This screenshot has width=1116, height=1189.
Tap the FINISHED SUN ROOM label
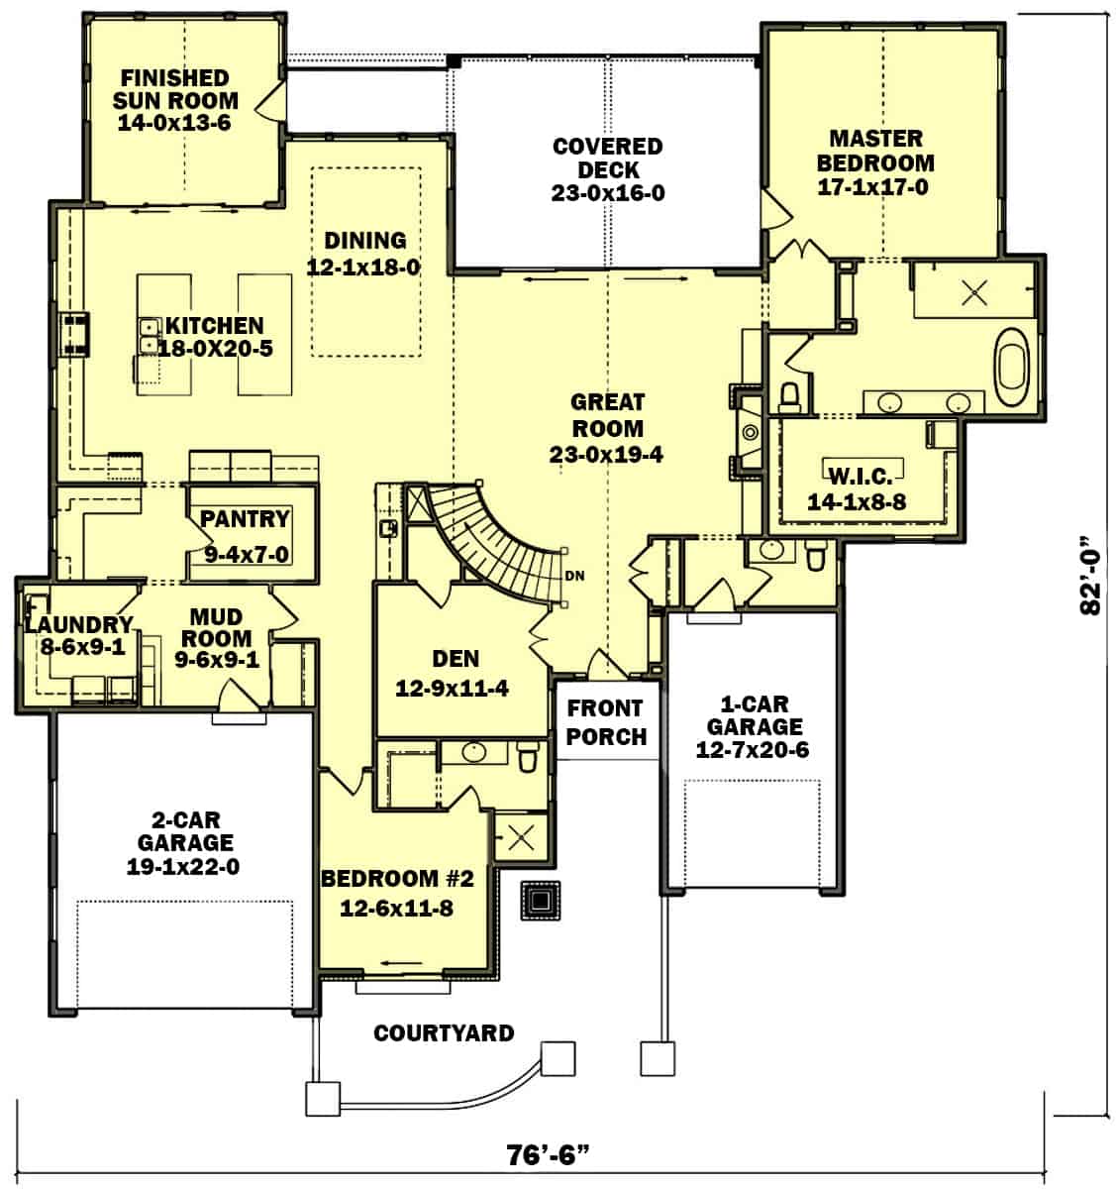(174, 89)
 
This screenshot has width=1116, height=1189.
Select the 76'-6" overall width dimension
(550, 1155)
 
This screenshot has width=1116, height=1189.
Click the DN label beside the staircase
(574, 575)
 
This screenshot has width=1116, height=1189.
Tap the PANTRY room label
(245, 519)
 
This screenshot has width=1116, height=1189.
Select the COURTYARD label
(444, 1033)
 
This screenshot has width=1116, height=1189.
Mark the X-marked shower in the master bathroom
(975, 292)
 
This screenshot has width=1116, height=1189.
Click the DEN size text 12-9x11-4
(452, 688)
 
